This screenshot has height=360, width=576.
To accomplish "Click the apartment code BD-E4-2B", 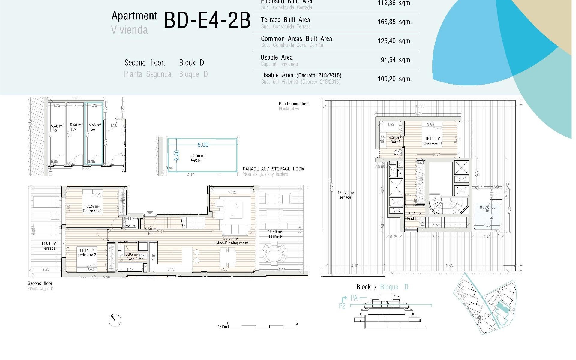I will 207,21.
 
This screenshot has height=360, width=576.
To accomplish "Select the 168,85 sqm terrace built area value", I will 394,22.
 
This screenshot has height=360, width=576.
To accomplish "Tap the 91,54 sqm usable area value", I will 396,60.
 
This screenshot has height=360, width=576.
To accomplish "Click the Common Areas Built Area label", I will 296,39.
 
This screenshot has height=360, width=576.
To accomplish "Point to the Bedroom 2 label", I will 92,211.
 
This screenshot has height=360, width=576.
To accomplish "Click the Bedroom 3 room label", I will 87,255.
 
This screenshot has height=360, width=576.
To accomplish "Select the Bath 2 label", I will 132,259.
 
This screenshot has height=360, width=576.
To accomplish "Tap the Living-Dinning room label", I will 230,243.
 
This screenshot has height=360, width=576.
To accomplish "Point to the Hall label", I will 151,233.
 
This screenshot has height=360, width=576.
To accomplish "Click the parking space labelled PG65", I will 195,160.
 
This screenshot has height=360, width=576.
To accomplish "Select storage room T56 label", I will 92,129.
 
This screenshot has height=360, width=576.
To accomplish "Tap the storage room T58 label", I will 54,130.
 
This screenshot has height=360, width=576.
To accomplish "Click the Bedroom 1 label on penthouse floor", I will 433,143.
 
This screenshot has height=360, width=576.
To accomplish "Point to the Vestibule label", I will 415,218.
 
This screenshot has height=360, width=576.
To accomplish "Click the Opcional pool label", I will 487,208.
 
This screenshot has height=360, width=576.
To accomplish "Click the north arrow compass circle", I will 115,320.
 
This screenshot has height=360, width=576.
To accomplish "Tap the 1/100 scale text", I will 222,327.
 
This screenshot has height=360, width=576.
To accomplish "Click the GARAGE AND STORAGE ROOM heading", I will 274,169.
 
